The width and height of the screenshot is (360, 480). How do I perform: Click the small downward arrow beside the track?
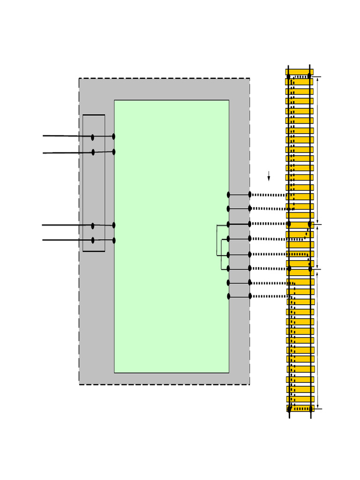(269, 176)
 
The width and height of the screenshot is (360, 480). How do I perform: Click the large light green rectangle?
(172, 236)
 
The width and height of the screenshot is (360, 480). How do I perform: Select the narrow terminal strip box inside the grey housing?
(94, 183)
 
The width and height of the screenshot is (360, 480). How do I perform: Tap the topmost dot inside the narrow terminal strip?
(92, 137)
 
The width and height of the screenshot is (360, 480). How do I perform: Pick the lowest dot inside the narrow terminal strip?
(93, 240)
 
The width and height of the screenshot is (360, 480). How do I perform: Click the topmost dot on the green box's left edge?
(113, 136)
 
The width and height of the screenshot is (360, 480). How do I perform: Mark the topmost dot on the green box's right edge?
(229, 195)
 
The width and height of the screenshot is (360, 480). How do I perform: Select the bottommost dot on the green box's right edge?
(229, 296)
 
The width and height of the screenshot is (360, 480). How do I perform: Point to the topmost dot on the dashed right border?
(250, 195)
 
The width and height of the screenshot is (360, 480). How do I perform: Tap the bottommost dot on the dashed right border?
(250, 296)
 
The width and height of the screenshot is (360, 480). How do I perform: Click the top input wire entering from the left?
(66, 136)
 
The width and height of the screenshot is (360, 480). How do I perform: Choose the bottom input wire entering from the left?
(66, 240)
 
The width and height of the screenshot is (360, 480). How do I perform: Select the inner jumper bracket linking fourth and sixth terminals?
(222, 254)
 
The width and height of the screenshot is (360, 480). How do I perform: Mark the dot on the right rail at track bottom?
(310, 409)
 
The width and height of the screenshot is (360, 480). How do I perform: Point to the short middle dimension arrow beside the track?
(318, 247)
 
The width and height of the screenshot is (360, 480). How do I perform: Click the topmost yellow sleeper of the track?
(299, 72)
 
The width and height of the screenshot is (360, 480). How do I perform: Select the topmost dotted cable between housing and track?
(269, 195)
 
